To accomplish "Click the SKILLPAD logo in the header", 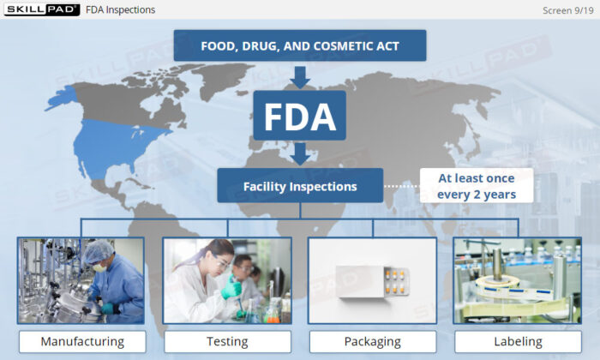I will coord(40,9).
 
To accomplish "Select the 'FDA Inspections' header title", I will coord(121,10).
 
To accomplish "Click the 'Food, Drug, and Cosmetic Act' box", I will coord(299,45).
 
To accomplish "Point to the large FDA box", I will coord(299,115).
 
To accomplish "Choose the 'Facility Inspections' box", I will coord(299,185).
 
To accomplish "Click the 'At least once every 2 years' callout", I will coord(476,186).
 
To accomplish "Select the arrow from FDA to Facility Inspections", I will coord(299,153).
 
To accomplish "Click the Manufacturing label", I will coord(82,341).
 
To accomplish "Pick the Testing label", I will coord(227,341).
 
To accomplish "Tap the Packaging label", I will coord(372,341).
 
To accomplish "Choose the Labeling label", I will coord(518,341).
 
